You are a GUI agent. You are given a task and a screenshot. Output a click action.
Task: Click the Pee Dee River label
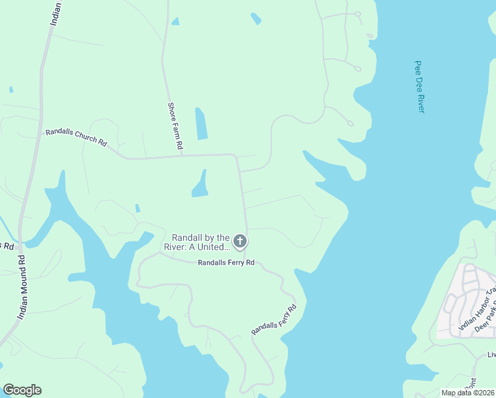419,86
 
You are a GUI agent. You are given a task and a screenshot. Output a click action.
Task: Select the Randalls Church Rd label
76,137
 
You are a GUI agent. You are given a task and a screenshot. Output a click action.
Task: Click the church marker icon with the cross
240,241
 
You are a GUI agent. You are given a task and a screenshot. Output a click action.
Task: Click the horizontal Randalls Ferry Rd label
226,263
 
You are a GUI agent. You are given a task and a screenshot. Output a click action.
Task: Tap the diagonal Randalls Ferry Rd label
273,319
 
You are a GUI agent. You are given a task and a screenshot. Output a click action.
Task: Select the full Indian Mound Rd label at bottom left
21,287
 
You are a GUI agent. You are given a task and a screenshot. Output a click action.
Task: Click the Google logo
22,390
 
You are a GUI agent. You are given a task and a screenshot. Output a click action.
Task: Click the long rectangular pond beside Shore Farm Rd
202,123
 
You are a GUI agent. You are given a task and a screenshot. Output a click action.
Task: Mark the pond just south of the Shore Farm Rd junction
200,185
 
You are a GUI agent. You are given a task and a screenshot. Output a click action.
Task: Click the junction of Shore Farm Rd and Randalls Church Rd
182,157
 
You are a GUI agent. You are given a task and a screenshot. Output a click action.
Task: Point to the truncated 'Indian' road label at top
57,13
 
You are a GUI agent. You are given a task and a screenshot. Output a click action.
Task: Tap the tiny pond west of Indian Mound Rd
11,90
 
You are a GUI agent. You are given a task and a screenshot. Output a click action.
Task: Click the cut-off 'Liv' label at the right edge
491,355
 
